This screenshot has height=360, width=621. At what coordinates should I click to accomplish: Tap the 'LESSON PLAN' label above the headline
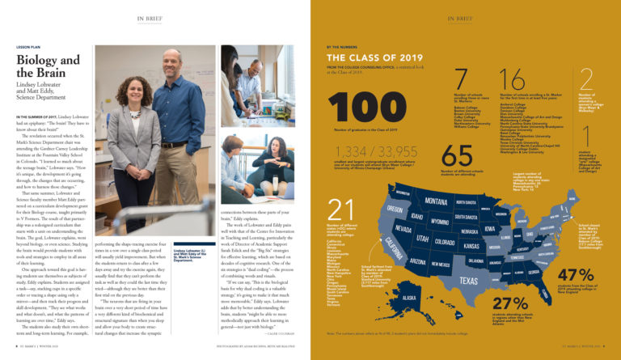(30, 47)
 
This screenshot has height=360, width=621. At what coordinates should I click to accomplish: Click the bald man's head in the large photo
(173, 60)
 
